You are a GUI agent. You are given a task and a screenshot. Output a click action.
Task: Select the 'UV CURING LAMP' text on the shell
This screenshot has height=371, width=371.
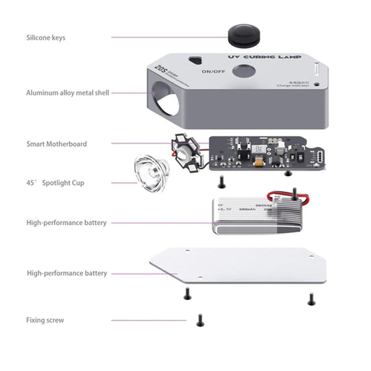pos(265,57)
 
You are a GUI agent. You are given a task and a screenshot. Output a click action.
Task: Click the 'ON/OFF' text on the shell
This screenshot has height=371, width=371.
pos(213,72)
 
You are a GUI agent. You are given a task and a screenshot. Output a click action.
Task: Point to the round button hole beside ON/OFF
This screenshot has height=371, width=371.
pos(242,72)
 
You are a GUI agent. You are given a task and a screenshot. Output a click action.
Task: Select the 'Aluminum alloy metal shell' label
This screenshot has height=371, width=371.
pos(67,93)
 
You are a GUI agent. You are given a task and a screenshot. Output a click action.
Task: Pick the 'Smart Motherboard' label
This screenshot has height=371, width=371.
pos(56,144)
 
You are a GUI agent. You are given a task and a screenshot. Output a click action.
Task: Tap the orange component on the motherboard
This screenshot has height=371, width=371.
pos(255,163)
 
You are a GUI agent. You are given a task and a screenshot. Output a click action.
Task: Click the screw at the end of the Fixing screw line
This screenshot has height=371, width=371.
pos(200,320)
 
